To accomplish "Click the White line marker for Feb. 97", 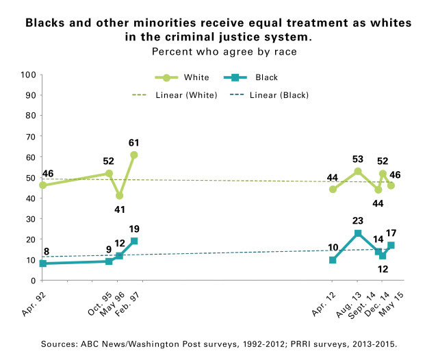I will click(x=133, y=155).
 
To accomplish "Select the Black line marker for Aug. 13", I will click(x=357, y=233).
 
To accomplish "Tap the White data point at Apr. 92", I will click(x=43, y=185).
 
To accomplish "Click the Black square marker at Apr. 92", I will click(x=43, y=263).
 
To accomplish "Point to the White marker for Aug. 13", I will click(x=357, y=171).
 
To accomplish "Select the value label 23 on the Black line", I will click(x=357, y=221).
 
